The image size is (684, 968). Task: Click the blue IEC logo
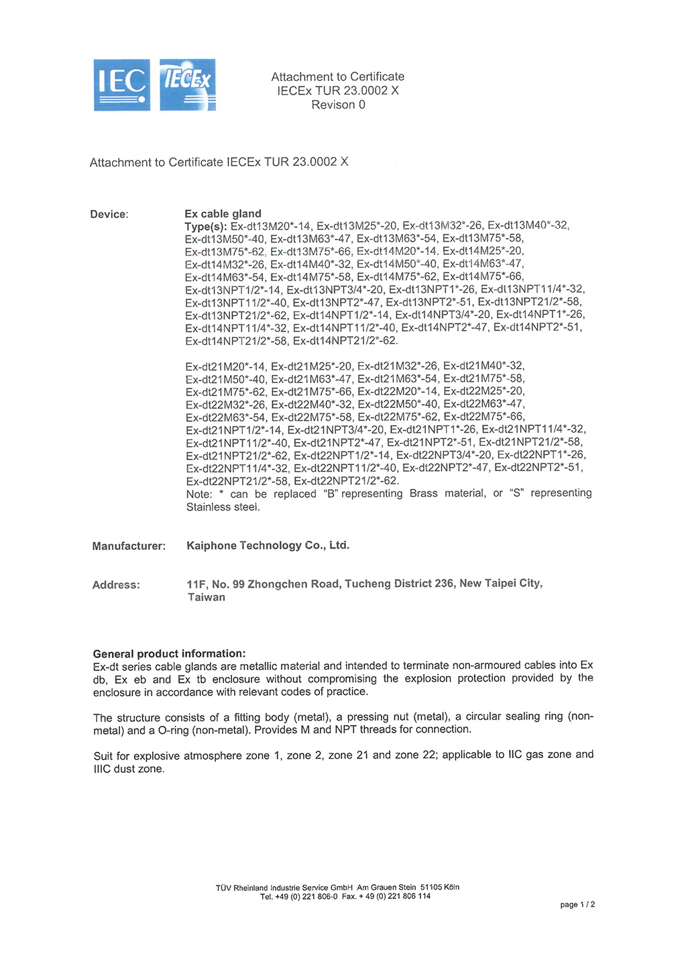coord(121,85)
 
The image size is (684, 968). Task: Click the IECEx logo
coord(188,85)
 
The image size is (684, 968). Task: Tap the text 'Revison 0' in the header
coord(338,105)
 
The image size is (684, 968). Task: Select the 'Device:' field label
coord(109,215)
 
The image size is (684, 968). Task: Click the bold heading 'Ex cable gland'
coord(223,214)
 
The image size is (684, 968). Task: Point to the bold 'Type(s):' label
coord(206,227)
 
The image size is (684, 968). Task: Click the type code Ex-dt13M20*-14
coord(270,227)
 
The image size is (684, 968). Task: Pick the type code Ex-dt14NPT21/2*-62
coord(345,341)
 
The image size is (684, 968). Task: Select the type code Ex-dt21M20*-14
coord(225,366)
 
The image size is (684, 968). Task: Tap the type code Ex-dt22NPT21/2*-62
coord(346,481)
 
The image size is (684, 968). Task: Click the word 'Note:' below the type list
coord(199,494)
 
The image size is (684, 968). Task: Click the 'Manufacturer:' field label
coord(129,546)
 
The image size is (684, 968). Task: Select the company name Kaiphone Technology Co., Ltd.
coord(268,545)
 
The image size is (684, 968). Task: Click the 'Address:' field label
coord(116,585)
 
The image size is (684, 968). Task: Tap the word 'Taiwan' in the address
coord(207,598)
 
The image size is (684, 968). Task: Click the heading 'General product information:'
coord(169,653)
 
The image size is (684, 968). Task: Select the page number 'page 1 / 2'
coord(577,905)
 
